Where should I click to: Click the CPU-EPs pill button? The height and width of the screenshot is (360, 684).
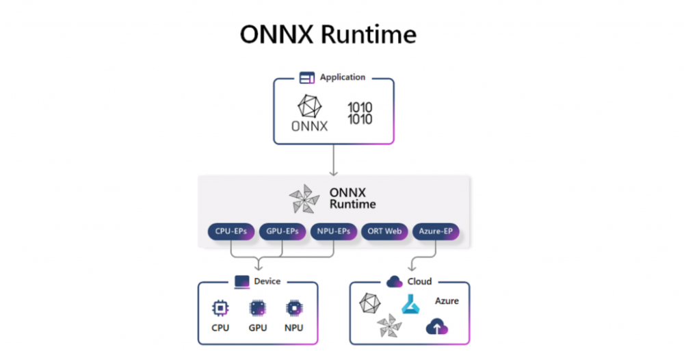(231, 231)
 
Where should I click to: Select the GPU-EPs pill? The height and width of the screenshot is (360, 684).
(282, 231)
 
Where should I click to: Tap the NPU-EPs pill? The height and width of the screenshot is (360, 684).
(334, 231)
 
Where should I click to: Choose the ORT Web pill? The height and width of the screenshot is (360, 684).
(384, 231)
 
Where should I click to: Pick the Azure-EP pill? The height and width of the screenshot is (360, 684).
(436, 231)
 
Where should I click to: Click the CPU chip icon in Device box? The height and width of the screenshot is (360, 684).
(220, 308)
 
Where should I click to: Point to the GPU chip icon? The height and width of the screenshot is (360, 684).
(258, 308)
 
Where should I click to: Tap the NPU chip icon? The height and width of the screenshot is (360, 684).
(294, 308)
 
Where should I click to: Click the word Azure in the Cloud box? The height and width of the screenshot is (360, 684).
(447, 300)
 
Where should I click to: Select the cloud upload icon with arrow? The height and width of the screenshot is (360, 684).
(437, 326)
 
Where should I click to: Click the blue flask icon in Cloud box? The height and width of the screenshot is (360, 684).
(410, 304)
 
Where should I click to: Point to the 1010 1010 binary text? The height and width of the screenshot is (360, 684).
(360, 113)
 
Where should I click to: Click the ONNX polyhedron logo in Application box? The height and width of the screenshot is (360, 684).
(310, 106)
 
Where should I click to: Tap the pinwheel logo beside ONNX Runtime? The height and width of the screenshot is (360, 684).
(304, 199)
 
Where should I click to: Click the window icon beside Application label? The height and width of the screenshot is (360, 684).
(307, 77)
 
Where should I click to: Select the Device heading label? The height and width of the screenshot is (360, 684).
(267, 281)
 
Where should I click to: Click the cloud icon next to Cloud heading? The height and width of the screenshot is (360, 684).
(395, 281)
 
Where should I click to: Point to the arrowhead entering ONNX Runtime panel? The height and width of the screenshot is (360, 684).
(334, 173)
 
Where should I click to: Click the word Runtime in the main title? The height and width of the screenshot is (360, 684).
(369, 34)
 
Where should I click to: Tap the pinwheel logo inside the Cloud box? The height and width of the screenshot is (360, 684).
(389, 326)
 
